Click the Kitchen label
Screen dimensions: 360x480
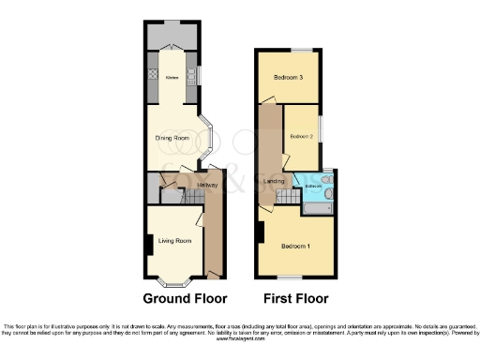tap(172, 78)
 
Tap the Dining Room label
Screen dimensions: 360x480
tap(172, 137)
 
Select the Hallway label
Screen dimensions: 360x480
tap(207, 186)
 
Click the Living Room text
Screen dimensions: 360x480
tap(175, 241)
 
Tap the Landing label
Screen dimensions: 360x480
tap(275, 180)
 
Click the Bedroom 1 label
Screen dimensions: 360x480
tap(296, 246)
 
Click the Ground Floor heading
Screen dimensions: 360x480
tap(185, 299)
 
